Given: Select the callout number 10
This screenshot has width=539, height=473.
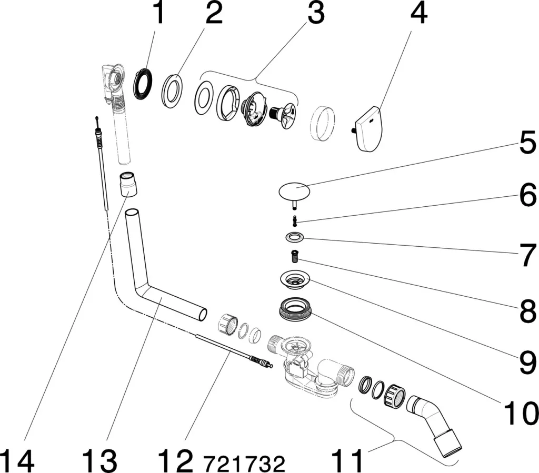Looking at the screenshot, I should click(521, 413).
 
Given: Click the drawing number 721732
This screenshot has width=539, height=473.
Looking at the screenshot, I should click(244, 464).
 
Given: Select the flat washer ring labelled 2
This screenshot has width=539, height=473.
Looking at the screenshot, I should click(173, 91).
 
